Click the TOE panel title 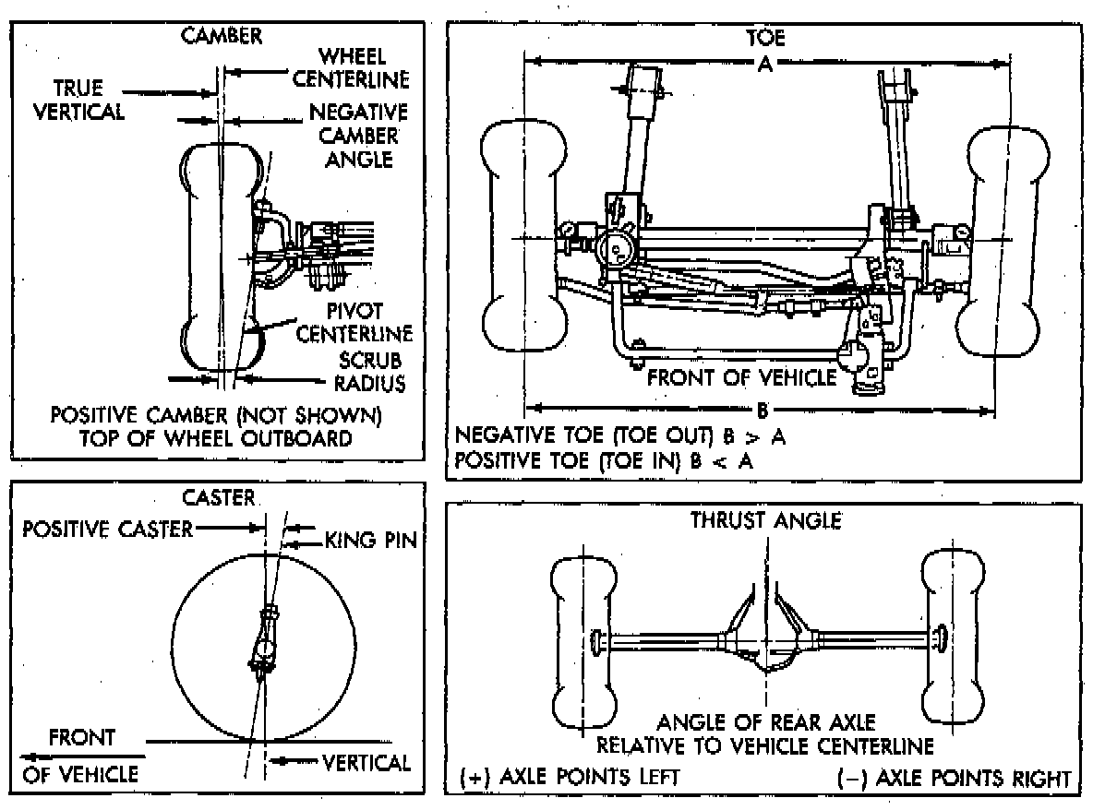[x=765, y=39]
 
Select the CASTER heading [x=218, y=497]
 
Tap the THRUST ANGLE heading [x=766, y=520]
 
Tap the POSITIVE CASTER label [x=108, y=529]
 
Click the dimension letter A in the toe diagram [x=764, y=64]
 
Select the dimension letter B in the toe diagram [x=763, y=408]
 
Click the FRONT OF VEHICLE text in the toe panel [x=741, y=376]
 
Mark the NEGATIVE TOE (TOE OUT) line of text [x=621, y=435]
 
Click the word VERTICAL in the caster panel [x=366, y=762]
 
